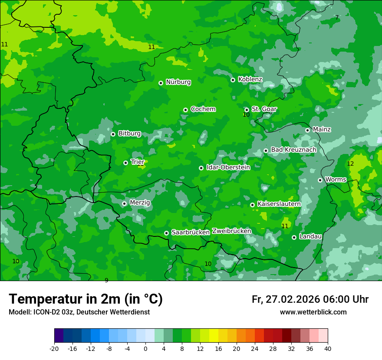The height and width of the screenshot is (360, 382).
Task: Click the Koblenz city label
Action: [250, 79]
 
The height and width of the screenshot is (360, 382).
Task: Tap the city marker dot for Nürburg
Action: [161, 83]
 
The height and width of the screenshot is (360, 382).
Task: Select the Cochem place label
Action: [203, 109]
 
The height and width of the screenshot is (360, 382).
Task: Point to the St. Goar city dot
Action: [247, 110]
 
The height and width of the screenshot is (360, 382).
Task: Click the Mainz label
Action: [322, 130]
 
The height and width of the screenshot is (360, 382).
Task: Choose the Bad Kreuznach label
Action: [293, 150]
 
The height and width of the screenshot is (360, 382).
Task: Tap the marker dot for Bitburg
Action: [113, 134]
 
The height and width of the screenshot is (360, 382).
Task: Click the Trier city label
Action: [138, 162]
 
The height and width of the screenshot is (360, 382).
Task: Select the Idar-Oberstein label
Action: [228, 167]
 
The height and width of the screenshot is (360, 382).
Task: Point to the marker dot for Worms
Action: [320, 180]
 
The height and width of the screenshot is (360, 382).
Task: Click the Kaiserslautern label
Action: [279, 204]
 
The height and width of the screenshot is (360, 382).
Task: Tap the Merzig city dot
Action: [124, 203]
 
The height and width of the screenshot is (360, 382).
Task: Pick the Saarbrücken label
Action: [191, 232]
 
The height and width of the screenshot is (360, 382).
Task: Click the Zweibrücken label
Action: [231, 231]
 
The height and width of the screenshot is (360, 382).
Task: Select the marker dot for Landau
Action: [294, 237]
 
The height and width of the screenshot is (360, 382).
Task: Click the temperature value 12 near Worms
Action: [350, 164]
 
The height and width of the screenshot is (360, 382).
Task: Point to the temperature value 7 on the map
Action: [336, 17]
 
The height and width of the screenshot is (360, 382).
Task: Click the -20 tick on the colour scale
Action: [54, 348]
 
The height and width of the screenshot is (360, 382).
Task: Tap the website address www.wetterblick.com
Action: [313, 312]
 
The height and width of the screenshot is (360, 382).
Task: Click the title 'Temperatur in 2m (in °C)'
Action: [86, 299]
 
